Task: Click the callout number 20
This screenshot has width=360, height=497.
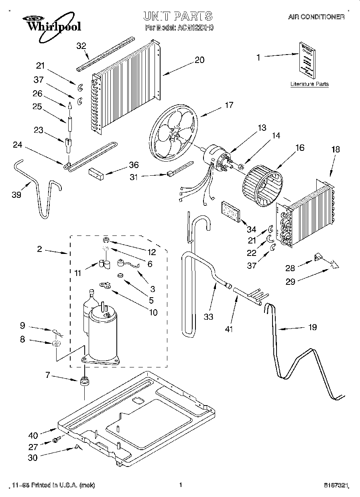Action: pos(199,60)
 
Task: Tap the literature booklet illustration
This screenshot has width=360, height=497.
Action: pos(307,60)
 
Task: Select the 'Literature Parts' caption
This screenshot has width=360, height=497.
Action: pos(309,84)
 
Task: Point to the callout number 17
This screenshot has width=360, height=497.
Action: pos(229,105)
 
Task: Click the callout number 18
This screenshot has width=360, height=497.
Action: pos(335,149)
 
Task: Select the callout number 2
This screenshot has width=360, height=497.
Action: pos(39,249)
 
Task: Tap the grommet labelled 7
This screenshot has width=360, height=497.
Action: pos(84,381)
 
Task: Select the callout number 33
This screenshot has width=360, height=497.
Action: pos(208,316)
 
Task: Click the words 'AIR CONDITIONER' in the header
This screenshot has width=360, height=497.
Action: pos(316,18)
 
